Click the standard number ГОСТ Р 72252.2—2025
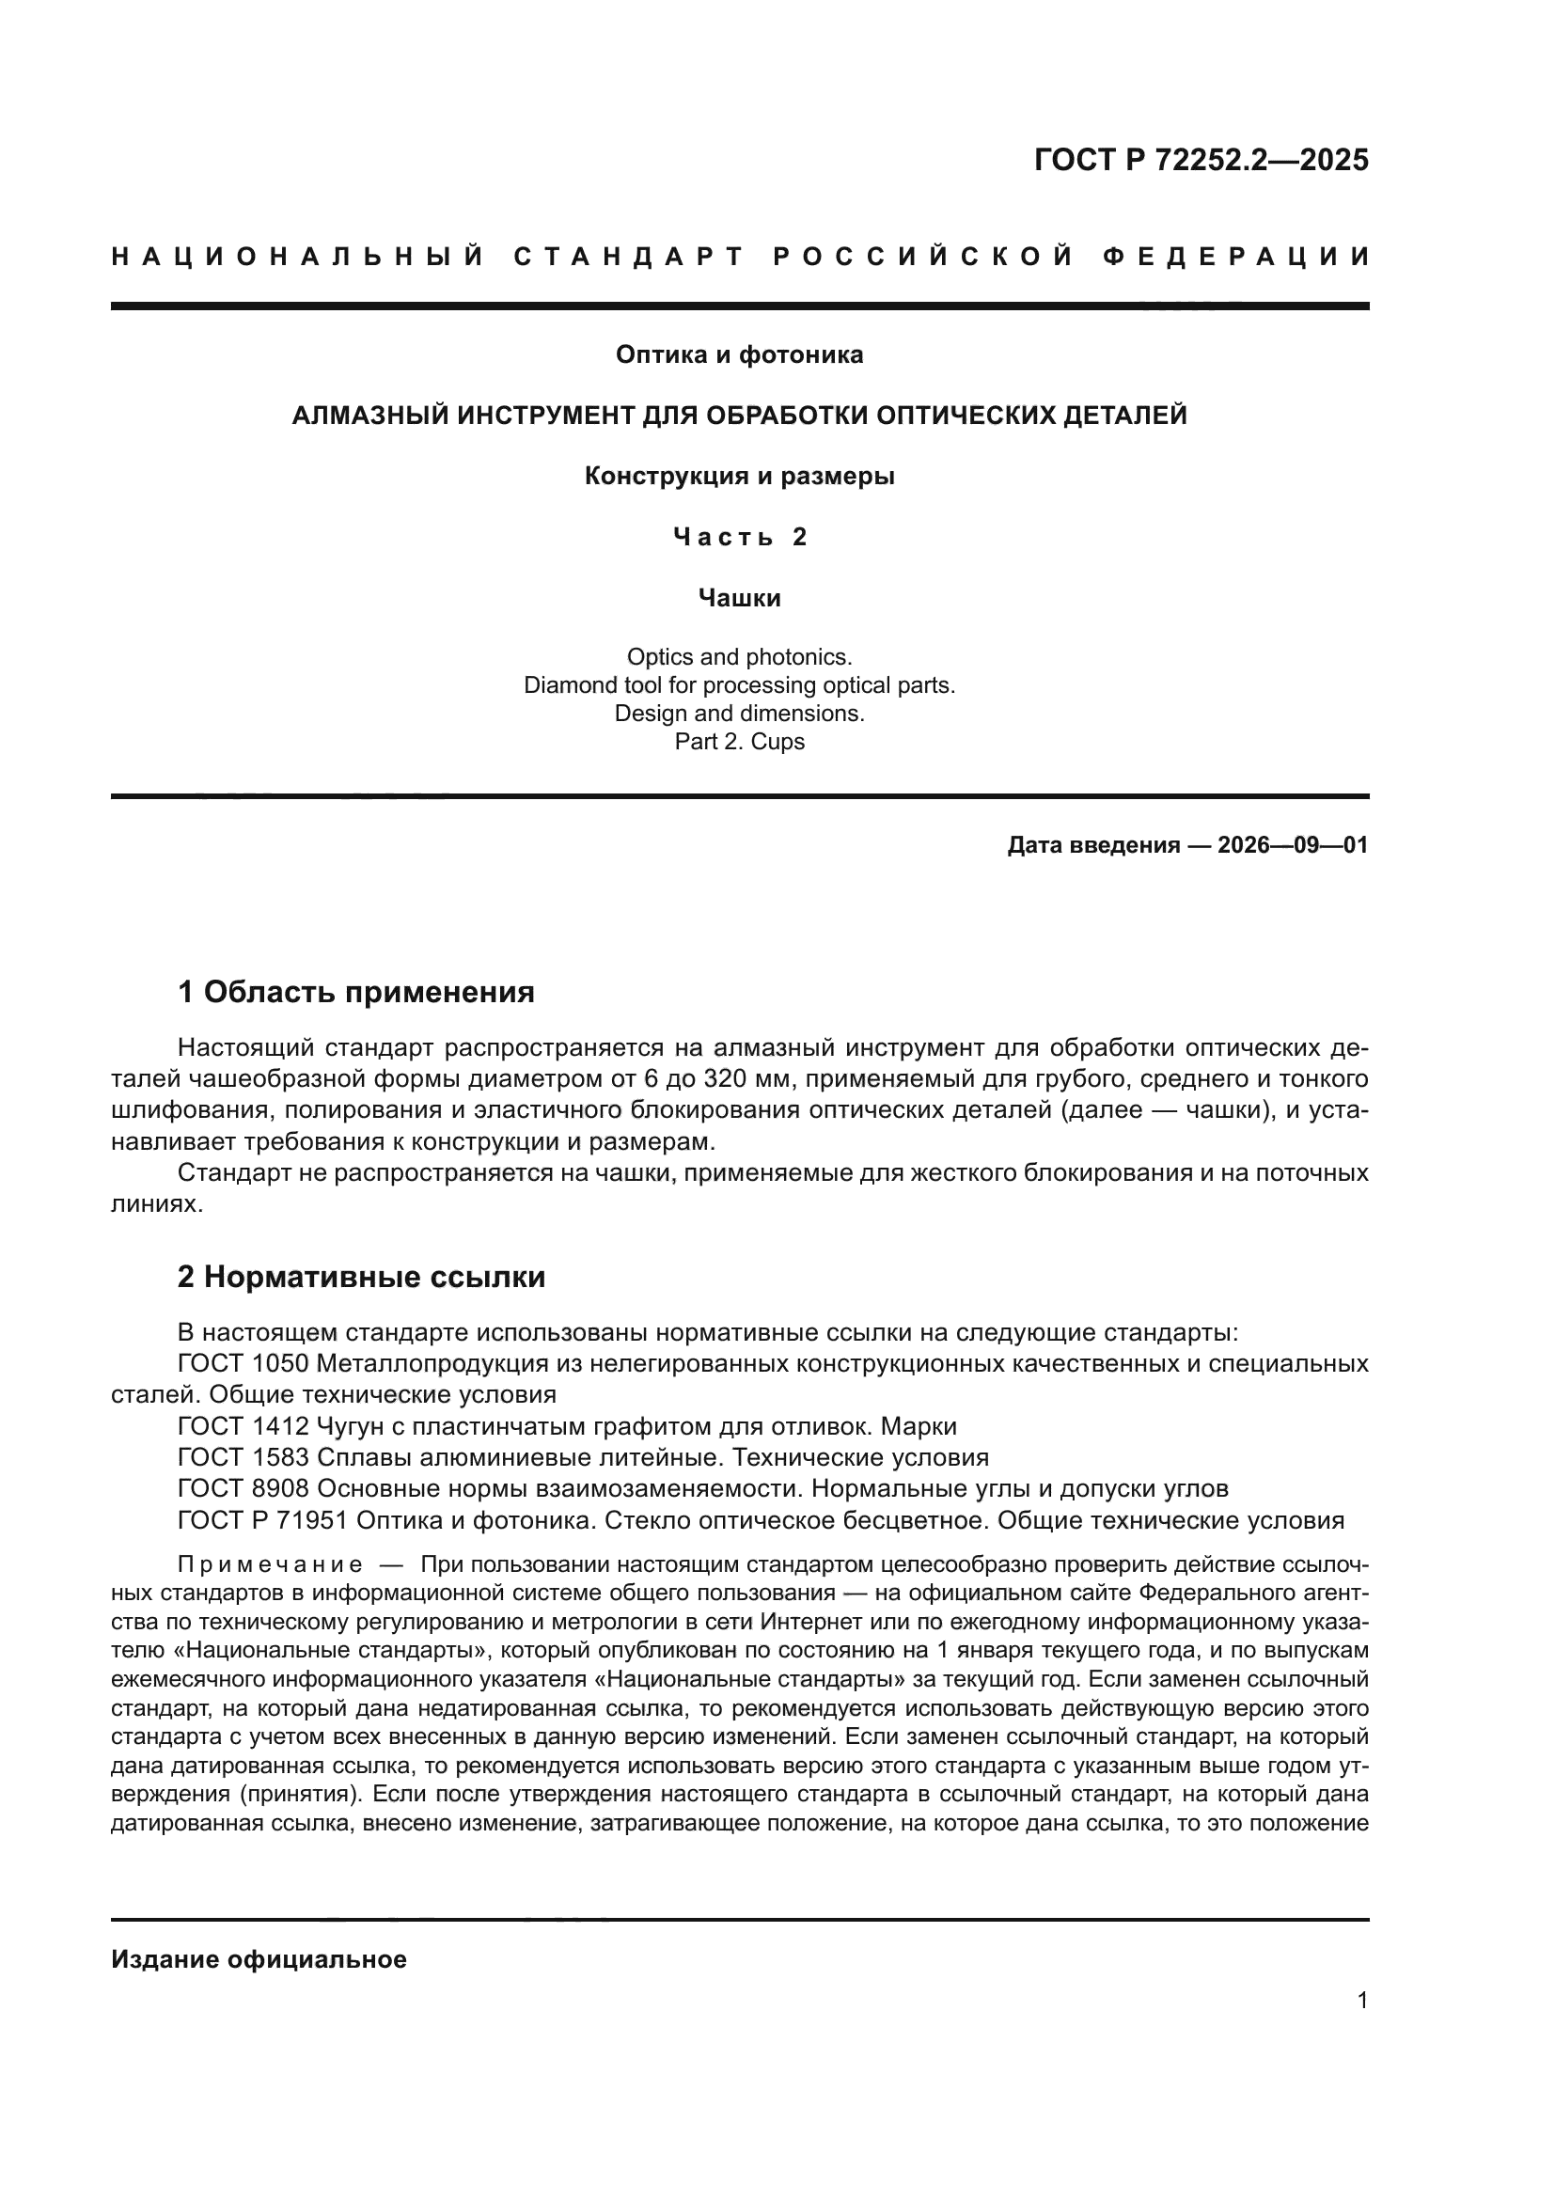[1201, 160]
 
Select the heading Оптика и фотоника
[739, 355]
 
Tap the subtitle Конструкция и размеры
[739, 476]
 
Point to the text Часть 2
[739, 538]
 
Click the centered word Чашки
[739, 599]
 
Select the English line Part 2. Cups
[739, 741]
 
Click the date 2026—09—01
[1293, 846]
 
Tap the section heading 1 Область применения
[355, 992]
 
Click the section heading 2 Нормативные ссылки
[361, 1277]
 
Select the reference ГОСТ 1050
[243, 1364]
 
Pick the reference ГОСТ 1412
[243, 1427]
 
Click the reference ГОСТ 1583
[243, 1458]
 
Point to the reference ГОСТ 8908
[243, 1489]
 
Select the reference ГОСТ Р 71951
[263, 1521]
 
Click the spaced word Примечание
[270, 1566]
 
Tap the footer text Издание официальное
[259, 1959]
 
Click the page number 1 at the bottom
[1362, 2001]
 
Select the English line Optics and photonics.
[739, 657]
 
